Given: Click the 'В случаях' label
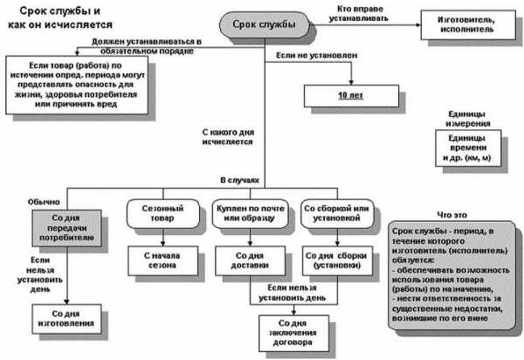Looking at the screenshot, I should coord(240,179).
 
